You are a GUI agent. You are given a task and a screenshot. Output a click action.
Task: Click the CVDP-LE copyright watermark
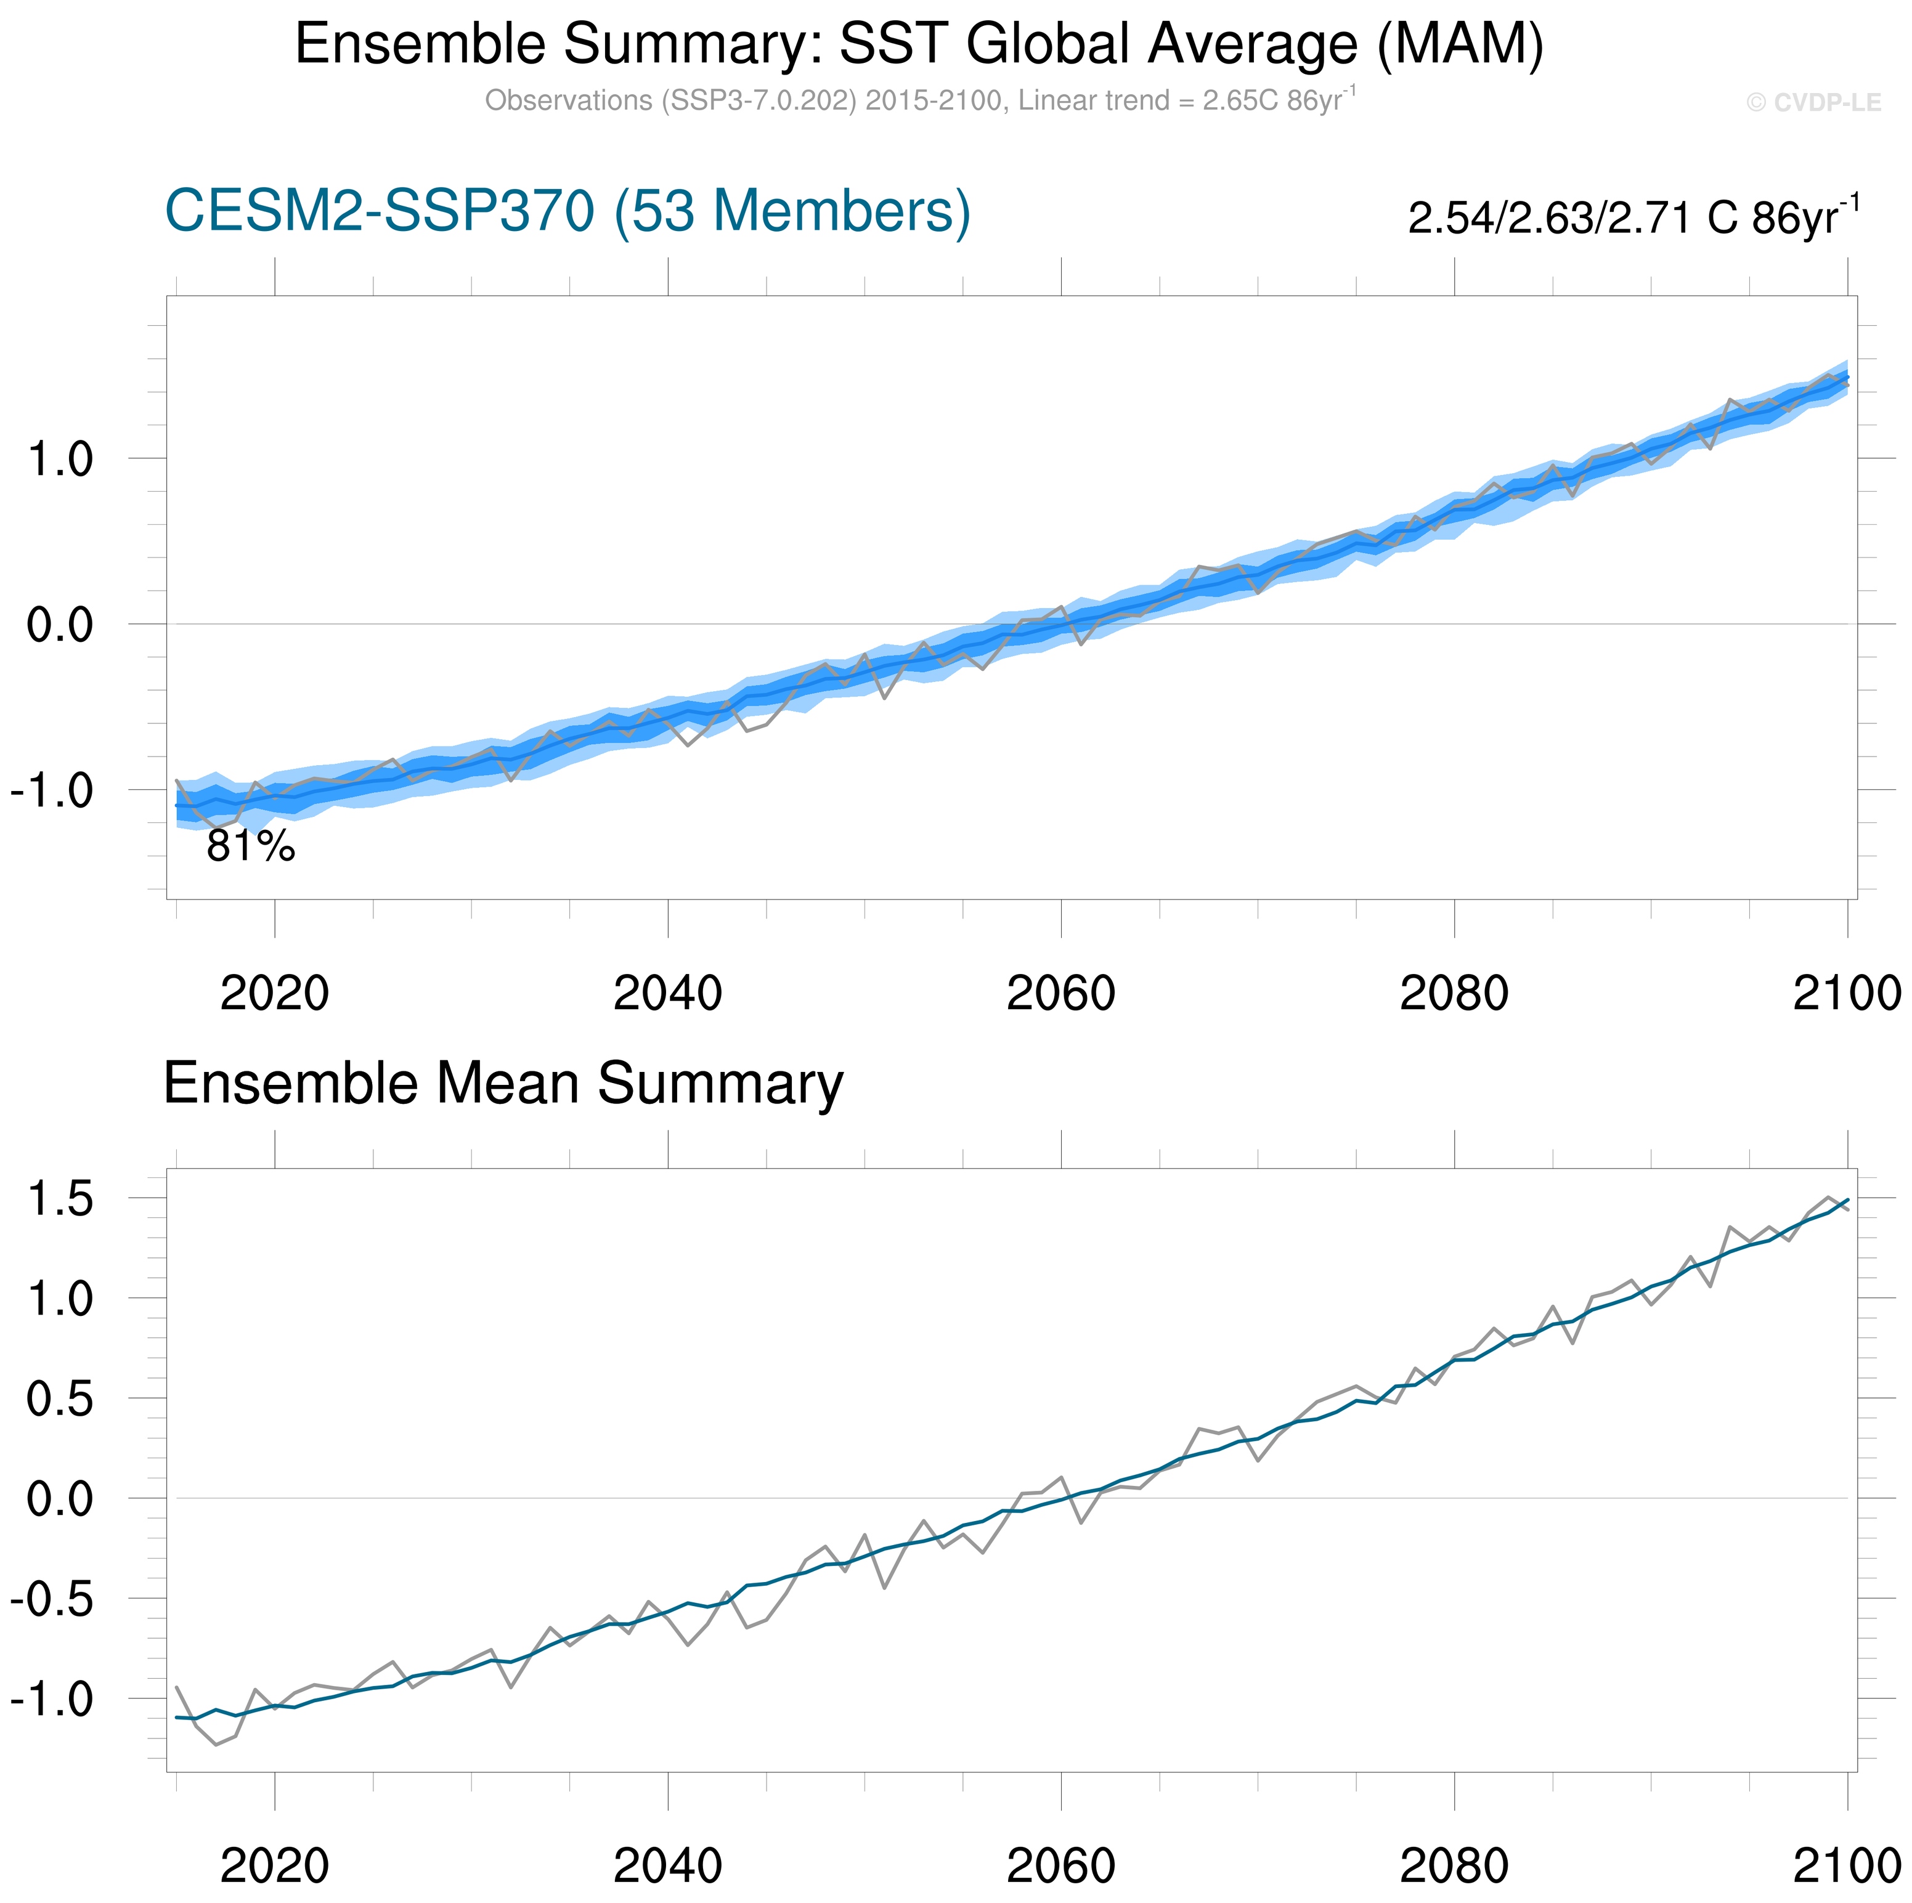[x=1813, y=103]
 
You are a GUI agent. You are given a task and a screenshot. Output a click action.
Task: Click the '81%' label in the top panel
[x=250, y=846]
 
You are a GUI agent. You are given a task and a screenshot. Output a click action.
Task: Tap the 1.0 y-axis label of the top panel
[x=59, y=459]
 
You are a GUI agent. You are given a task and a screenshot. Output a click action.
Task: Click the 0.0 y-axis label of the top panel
[x=59, y=625]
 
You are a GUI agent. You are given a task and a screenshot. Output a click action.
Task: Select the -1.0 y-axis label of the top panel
[x=52, y=790]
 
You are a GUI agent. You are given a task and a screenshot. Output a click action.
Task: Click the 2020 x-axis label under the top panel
[x=274, y=994]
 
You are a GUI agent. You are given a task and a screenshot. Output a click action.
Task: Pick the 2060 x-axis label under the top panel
[x=1061, y=994]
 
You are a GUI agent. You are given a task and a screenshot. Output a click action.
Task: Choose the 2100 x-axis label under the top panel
[x=1847, y=994]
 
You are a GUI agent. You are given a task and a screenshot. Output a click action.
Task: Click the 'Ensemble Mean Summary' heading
[x=503, y=1084]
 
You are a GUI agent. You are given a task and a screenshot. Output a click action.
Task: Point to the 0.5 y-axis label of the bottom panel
[x=59, y=1399]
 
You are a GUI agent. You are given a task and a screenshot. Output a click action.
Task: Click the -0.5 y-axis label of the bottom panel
[x=52, y=1599]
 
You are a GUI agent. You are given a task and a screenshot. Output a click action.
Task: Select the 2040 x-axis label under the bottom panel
[x=668, y=1865]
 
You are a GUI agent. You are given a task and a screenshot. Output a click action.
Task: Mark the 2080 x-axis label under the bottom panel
[x=1454, y=1865]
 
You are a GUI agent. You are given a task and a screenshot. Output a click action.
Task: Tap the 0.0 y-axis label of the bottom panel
[x=59, y=1499]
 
